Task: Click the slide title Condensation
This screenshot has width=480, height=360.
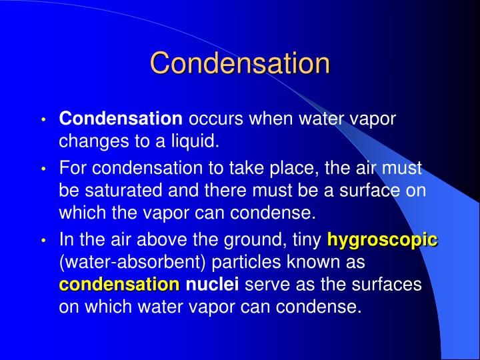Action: coord(240,63)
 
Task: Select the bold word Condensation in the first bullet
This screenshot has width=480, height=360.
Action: coord(121,119)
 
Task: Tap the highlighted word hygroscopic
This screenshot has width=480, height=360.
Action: coord(382,239)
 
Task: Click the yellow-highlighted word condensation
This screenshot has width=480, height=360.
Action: coord(120,285)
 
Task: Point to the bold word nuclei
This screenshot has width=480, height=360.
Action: coord(212,285)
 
